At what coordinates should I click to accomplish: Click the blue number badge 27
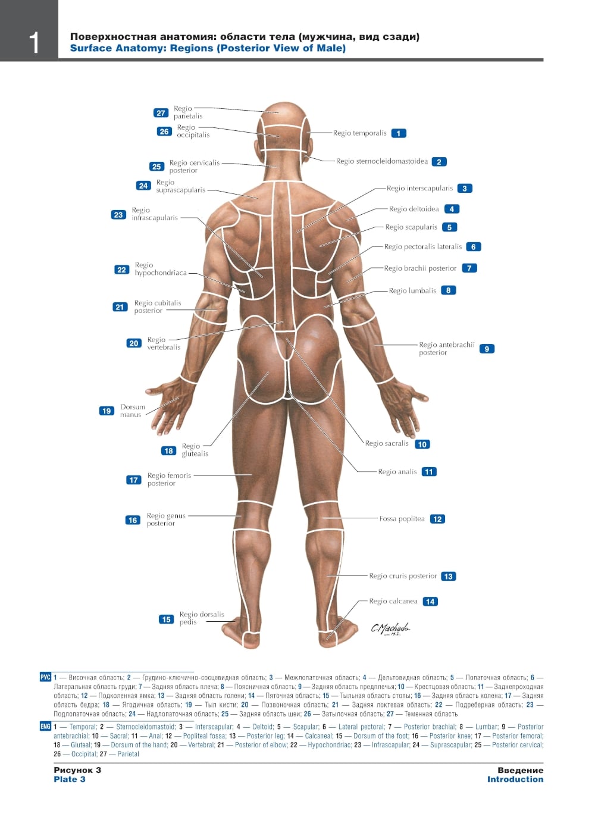pos(161,112)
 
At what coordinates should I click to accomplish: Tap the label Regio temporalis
pos(359,133)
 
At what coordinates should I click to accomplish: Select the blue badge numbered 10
pos(422,444)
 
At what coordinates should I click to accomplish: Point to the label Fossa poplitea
pos(402,519)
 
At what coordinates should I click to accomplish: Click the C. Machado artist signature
pos(390,628)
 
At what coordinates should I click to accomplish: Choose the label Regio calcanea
pos(393,601)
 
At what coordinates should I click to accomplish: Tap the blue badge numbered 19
pos(107,411)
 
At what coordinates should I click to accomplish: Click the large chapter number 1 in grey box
pos(34,43)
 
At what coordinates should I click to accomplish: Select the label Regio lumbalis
pos(412,290)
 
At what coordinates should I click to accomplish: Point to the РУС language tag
pos(45,677)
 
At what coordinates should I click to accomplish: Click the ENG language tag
pos(45,726)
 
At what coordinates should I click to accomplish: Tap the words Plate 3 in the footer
pos(69,779)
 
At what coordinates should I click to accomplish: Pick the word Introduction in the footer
pos(515,779)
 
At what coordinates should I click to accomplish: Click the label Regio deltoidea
pos(414,209)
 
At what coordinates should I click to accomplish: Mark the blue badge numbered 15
pos(166,619)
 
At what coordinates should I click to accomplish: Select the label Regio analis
pos(397,472)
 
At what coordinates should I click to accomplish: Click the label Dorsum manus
pos(133,411)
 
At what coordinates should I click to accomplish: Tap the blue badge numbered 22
pos(121,270)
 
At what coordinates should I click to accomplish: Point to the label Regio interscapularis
pos(419,188)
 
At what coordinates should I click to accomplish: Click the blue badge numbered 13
pos(449,576)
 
